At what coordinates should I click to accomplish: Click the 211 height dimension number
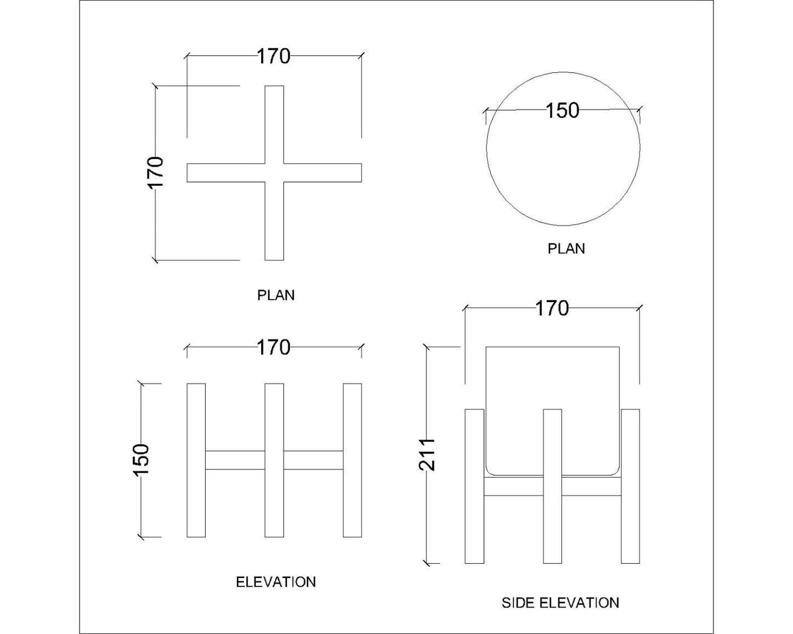pyautogui.click(x=428, y=455)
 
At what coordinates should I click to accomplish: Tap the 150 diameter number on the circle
pyautogui.click(x=563, y=110)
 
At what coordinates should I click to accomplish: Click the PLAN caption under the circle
pyautogui.click(x=566, y=248)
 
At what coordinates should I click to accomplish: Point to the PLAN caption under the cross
pyautogui.click(x=275, y=295)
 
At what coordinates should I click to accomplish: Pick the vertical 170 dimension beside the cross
pyautogui.click(x=155, y=173)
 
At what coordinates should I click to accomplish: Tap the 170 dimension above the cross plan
pyautogui.click(x=273, y=56)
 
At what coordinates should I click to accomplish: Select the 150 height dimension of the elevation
pyautogui.click(x=141, y=460)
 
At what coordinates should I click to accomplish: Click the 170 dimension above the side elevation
pyautogui.click(x=552, y=308)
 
